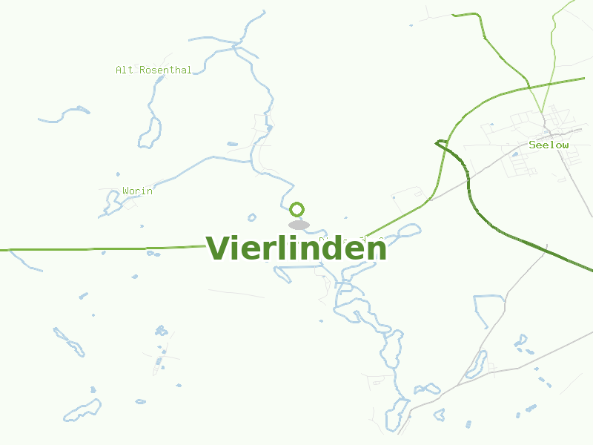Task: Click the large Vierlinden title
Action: point(296,248)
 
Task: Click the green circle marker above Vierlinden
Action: point(297,209)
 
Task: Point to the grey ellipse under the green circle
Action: point(299,225)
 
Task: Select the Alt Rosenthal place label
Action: point(153,70)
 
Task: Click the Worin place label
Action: point(137,191)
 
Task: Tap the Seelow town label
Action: point(549,145)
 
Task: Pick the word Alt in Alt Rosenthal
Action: point(125,70)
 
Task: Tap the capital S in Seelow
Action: point(532,145)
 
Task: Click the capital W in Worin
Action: point(126,191)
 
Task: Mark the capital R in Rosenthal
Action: point(143,70)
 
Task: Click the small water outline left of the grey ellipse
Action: point(252,218)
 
